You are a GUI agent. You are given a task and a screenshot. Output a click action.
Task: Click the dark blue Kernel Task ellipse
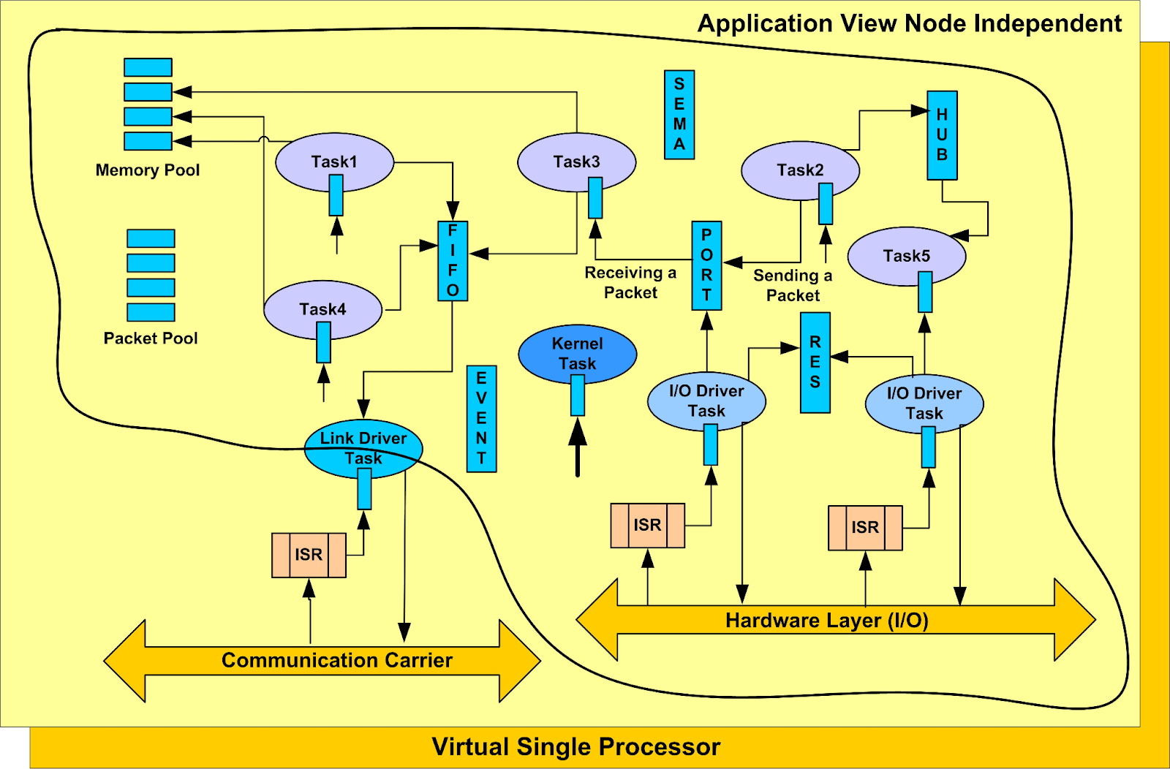577,354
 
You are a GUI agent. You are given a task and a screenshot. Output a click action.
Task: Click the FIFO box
453,260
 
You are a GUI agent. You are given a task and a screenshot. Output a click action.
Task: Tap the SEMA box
679,114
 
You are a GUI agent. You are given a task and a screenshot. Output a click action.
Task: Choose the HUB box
943,135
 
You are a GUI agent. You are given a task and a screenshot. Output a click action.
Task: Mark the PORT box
706,265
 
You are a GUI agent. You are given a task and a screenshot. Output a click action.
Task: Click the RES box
815,363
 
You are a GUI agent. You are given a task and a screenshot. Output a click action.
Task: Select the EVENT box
482,419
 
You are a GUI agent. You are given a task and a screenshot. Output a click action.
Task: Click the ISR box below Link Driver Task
309,555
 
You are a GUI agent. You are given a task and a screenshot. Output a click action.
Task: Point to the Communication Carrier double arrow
322,661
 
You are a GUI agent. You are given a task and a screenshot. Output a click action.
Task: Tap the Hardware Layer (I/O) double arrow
836,620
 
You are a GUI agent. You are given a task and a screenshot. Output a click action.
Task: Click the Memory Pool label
147,170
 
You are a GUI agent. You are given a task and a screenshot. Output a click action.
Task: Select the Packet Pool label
151,338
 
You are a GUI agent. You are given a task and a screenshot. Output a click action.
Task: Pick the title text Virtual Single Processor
576,746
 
